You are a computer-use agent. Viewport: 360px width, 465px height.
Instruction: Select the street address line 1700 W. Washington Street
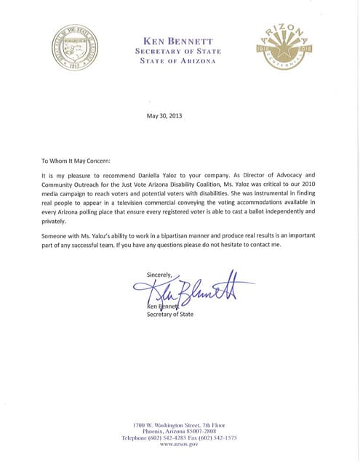[x=179, y=424]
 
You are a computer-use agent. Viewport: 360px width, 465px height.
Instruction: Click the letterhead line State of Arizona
[x=179, y=60]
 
